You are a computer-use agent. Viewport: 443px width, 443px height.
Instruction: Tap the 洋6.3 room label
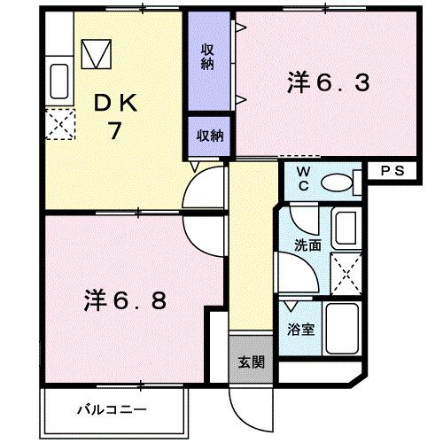(327, 85)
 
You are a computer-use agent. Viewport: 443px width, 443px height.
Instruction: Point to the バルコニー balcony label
(105, 409)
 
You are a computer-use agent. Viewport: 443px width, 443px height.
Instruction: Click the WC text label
(302, 176)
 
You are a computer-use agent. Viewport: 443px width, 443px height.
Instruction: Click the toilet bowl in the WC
(338, 183)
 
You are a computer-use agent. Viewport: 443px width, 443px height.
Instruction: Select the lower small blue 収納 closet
(209, 136)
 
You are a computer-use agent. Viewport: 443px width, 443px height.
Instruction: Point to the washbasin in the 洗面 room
(345, 229)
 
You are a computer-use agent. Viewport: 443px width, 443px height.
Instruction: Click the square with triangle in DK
(97, 55)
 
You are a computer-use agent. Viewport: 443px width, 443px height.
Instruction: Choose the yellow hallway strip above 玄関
(251, 248)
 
